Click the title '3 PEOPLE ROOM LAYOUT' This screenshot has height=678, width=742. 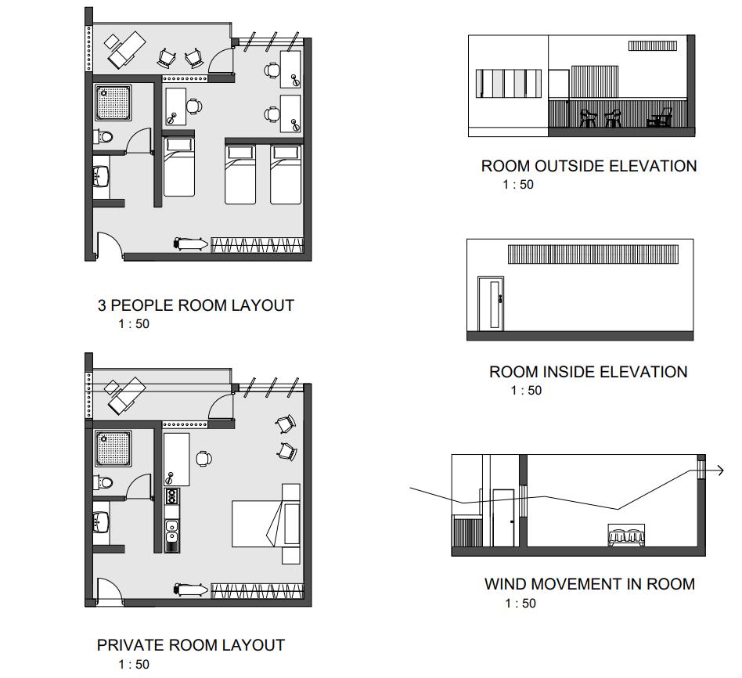(195, 305)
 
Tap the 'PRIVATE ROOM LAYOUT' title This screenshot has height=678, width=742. (190, 645)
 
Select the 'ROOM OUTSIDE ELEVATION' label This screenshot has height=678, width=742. (589, 166)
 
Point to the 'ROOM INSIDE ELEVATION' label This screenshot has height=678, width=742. (589, 372)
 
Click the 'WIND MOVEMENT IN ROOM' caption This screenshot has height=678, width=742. (589, 583)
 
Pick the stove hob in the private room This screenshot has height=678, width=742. (172, 496)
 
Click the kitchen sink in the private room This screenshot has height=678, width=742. (172, 532)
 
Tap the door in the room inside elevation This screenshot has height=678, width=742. (491, 303)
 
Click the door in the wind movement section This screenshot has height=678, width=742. (502, 517)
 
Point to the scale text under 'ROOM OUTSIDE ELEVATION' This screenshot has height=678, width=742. (517, 185)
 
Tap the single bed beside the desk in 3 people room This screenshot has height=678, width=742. (178, 166)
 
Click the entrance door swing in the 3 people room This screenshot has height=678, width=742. (107, 245)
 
